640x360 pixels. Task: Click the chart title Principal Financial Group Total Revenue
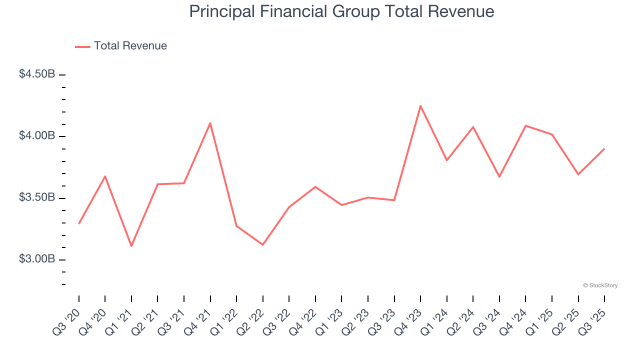341,12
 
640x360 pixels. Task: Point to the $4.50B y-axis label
37,74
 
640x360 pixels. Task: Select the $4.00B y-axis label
37,135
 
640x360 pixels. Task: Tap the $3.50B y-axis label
37,197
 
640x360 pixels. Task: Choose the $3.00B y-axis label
37,259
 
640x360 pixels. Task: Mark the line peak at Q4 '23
420,105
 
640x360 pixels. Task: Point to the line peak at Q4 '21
210,122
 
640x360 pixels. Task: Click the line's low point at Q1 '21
131,246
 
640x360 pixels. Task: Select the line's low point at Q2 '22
262,244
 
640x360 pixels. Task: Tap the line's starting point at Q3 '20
79,223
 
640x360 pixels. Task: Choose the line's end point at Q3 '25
604,148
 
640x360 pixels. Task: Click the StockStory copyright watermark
600,285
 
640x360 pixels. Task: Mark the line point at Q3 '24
499,177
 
